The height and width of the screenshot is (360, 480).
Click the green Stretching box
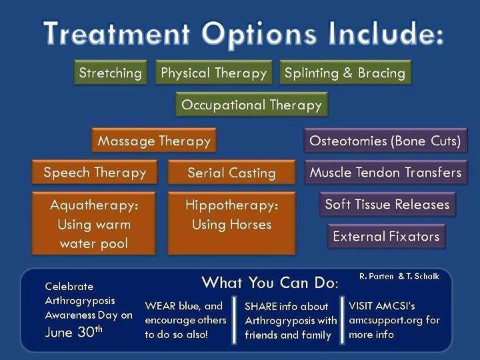(111, 72)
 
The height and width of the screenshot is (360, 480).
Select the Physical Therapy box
(214, 72)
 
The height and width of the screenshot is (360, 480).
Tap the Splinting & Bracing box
(345, 72)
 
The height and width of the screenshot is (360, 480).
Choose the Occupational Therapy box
(251, 105)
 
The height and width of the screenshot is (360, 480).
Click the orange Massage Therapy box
(154, 141)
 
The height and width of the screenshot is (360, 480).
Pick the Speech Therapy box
(95, 172)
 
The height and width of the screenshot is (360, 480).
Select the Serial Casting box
(232, 172)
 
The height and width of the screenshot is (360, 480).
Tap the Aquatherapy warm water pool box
(94, 223)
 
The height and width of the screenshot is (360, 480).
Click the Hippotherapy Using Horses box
(232, 223)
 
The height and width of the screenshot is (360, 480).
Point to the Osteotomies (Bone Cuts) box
(386, 141)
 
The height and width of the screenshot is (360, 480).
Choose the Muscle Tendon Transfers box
(386, 172)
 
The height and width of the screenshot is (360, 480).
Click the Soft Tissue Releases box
(388, 204)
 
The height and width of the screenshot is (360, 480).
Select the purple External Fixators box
(386, 236)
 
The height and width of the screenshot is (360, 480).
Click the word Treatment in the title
(117, 33)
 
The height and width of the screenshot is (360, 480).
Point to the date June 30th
(74, 332)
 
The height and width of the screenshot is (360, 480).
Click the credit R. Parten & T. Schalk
(399, 277)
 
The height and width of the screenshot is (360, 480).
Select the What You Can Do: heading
(270, 282)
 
